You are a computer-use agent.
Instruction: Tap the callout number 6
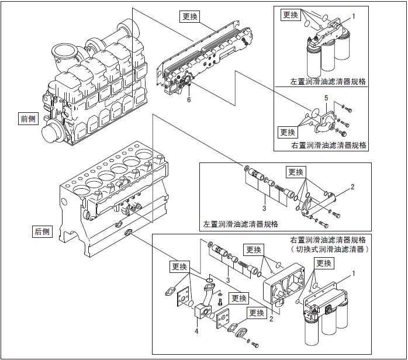(x=189, y=99)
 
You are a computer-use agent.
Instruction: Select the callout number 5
(x=326, y=98)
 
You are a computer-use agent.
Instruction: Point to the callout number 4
(x=196, y=331)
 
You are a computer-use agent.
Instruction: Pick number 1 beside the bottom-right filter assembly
(x=354, y=273)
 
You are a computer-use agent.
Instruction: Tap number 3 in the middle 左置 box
(x=264, y=208)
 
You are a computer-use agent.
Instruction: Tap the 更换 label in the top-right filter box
(x=291, y=15)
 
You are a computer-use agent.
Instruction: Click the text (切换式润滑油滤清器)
(x=329, y=249)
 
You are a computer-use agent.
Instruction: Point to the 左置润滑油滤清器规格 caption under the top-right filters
(x=328, y=82)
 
